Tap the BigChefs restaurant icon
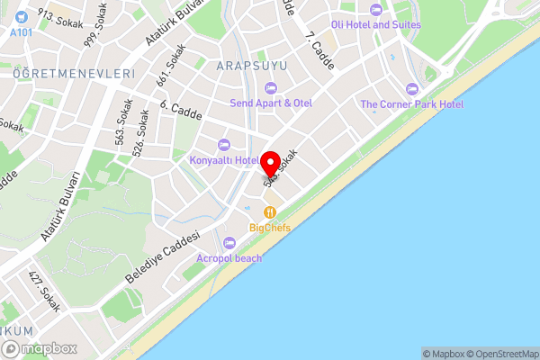click(269, 212)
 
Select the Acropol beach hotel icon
click(229, 242)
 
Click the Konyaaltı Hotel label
click(224, 160)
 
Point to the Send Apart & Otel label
click(271, 103)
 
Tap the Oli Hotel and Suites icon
click(375, 9)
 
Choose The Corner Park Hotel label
click(412, 104)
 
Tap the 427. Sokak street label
click(44, 291)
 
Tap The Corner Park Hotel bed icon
click(412, 89)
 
